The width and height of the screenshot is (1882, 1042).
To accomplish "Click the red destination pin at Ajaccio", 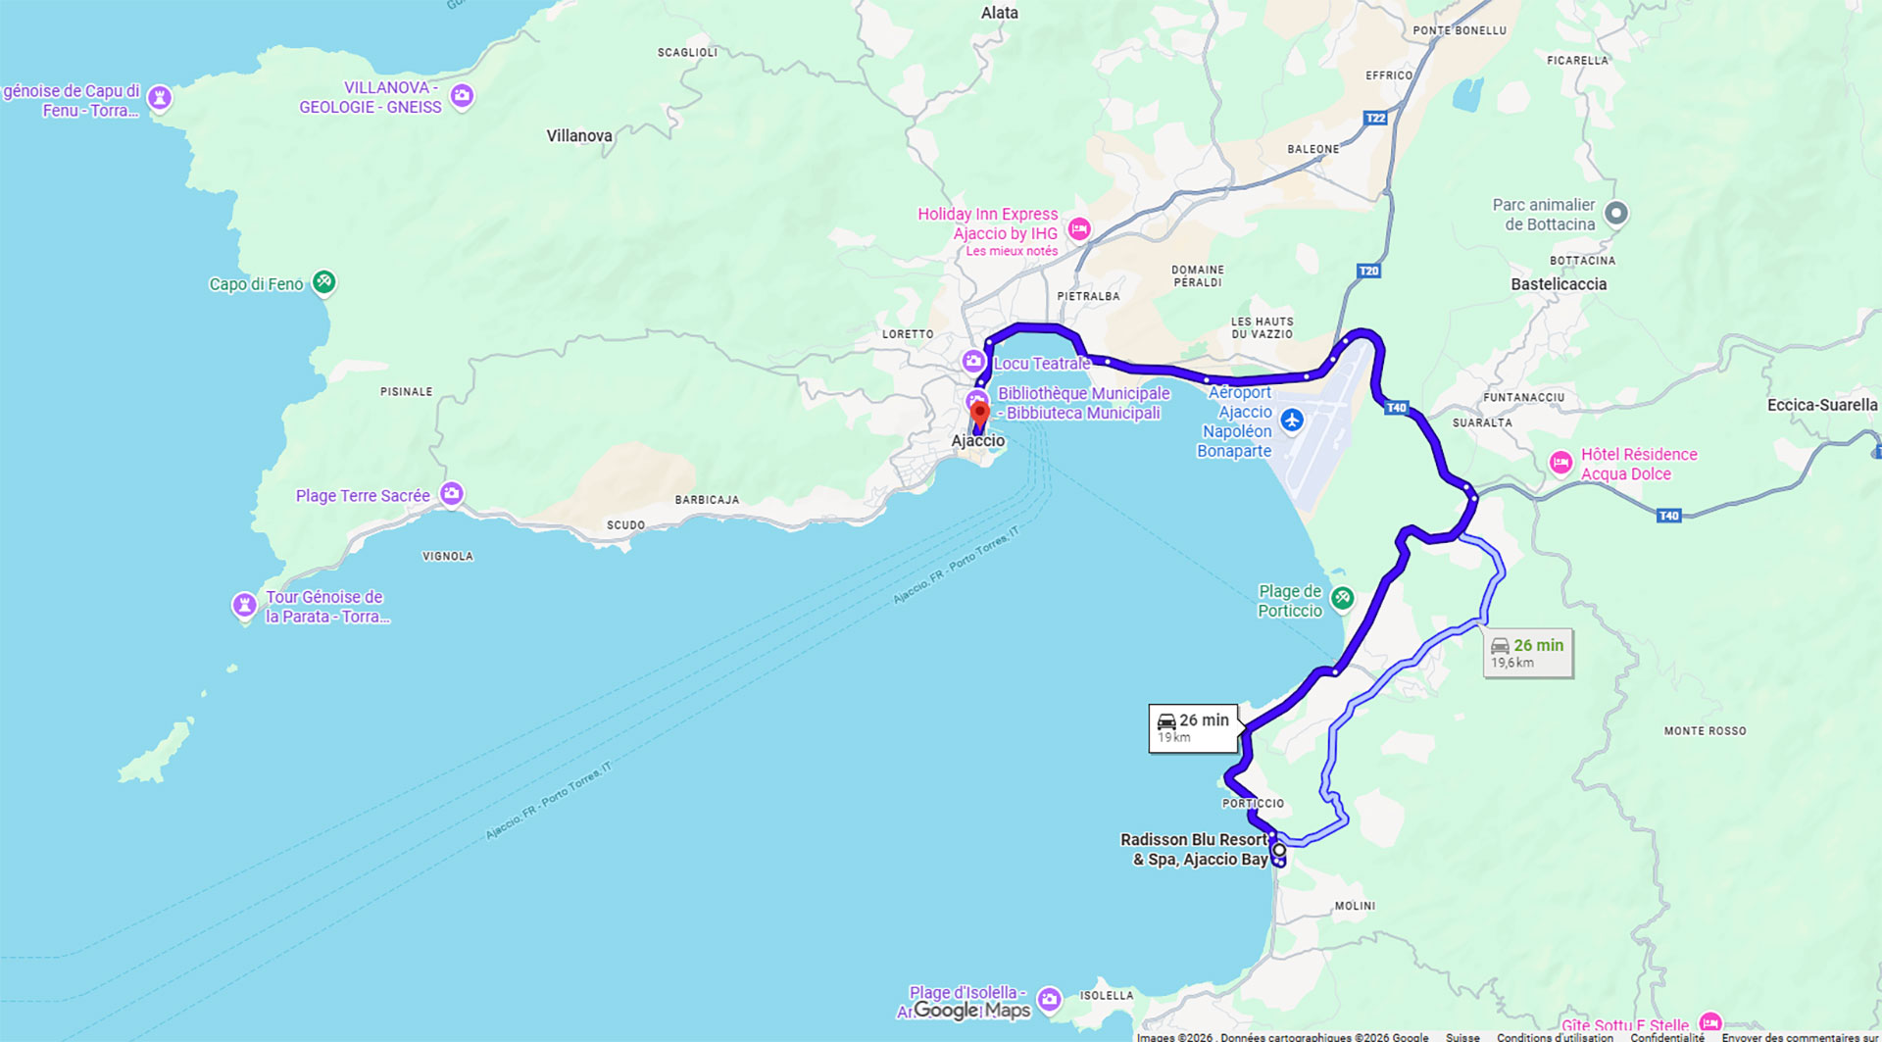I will (x=979, y=414).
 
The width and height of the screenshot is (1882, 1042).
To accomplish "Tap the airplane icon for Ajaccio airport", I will (x=1292, y=421).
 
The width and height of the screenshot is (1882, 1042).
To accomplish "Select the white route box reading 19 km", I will (x=1193, y=728).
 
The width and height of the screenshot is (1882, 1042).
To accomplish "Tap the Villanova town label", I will (x=579, y=136).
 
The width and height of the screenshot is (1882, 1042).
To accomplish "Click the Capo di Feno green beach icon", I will (x=324, y=282).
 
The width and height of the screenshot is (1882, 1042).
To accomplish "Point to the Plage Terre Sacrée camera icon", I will (x=451, y=494).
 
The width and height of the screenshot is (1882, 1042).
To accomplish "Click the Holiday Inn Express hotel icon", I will (x=1079, y=229).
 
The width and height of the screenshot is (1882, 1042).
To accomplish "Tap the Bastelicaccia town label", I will (x=1559, y=284).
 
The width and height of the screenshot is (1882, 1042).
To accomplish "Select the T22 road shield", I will (x=1375, y=119).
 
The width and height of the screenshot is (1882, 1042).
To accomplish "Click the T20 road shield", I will (x=1368, y=272).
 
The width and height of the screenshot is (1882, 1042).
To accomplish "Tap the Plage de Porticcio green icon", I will (x=1342, y=597).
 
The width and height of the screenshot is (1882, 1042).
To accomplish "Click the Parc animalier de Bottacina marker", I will (x=1616, y=213).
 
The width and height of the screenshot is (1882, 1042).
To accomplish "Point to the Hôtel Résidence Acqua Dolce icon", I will (x=1560, y=463).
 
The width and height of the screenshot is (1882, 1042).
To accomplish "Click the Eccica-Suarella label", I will (x=1821, y=405).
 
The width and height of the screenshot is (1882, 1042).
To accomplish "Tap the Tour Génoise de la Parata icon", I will (x=244, y=605).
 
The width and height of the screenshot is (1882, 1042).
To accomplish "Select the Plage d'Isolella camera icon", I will (x=1049, y=999).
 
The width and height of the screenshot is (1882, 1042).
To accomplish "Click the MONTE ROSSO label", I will (x=1705, y=731).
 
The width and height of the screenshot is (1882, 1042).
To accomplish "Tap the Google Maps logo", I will (x=971, y=1011).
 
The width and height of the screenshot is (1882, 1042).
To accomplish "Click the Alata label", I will (x=999, y=13).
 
